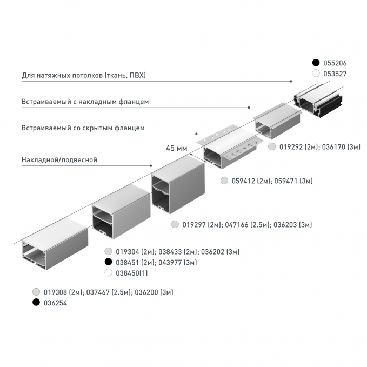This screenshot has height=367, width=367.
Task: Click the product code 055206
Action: click(335, 63)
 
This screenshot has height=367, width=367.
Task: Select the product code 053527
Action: click(335, 74)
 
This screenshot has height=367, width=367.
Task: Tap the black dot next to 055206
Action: click(316, 63)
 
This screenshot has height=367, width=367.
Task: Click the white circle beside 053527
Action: click(316, 74)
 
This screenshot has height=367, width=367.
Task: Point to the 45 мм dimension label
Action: click(177, 148)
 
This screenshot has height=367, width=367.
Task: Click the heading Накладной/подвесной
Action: click(59, 160)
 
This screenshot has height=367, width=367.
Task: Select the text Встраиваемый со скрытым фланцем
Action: click(83, 128)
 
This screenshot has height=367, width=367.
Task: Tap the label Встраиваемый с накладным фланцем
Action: click(85, 102)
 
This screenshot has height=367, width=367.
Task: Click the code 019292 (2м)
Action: click(299, 147)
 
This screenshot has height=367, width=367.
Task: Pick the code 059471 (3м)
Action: click(293, 181)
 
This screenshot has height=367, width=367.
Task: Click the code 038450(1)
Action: click(132, 273)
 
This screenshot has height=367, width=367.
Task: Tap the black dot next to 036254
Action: click(36, 302)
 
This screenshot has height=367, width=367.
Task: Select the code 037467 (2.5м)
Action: click(109, 292)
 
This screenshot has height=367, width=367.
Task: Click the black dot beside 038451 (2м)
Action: click(108, 262)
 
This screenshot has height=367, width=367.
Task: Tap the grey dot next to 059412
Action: click(224, 181)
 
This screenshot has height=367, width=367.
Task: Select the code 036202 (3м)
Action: click(220, 252)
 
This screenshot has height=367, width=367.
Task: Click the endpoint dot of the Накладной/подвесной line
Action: click(151, 166)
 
